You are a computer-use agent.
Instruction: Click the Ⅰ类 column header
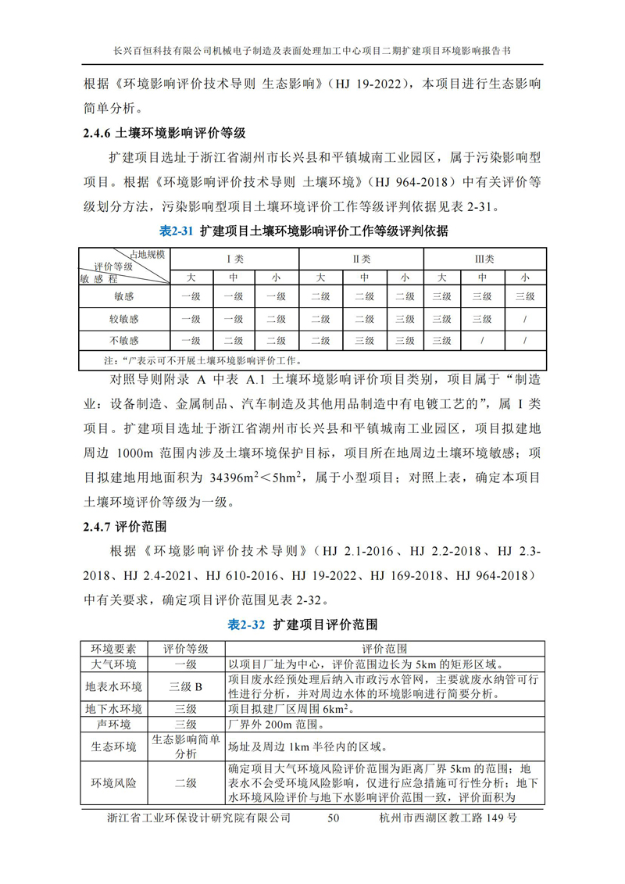[233, 259]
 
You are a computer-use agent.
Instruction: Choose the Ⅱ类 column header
[361, 259]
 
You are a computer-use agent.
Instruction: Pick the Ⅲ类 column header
[484, 259]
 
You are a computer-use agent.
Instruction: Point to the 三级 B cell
[186, 687]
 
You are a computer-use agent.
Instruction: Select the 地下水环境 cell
[114, 710]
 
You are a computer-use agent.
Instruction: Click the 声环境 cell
[114, 725]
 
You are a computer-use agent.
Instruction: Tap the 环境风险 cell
[114, 782]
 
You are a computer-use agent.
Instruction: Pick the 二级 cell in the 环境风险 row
[186, 782]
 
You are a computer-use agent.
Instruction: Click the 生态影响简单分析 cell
[186, 747]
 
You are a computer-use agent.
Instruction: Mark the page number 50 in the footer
[334, 818]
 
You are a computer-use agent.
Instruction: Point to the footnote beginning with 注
[204, 361]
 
